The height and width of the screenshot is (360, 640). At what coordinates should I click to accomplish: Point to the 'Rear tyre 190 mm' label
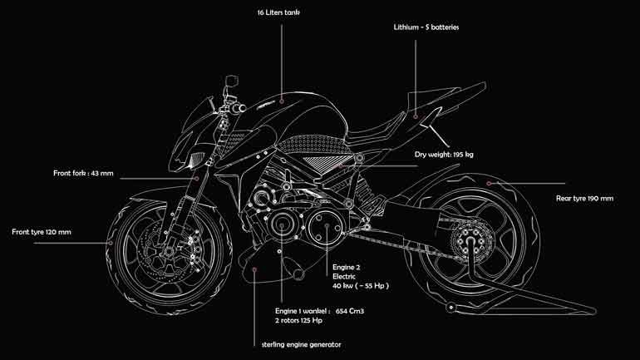(584, 199)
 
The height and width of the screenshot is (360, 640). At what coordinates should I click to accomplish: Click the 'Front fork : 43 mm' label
(82, 174)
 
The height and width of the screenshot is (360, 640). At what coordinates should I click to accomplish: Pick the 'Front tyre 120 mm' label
(42, 231)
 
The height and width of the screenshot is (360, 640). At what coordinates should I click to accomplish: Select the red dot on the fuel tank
(282, 101)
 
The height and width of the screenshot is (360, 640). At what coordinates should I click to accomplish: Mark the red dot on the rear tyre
(490, 183)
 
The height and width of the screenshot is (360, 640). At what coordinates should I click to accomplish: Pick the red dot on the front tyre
(109, 242)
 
